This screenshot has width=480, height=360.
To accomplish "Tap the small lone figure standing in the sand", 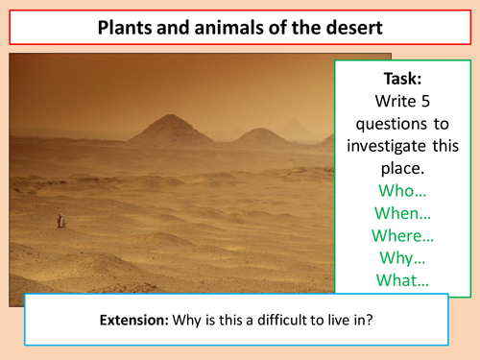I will point(60,221).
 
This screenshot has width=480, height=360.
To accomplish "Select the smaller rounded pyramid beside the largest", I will point(261,134).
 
